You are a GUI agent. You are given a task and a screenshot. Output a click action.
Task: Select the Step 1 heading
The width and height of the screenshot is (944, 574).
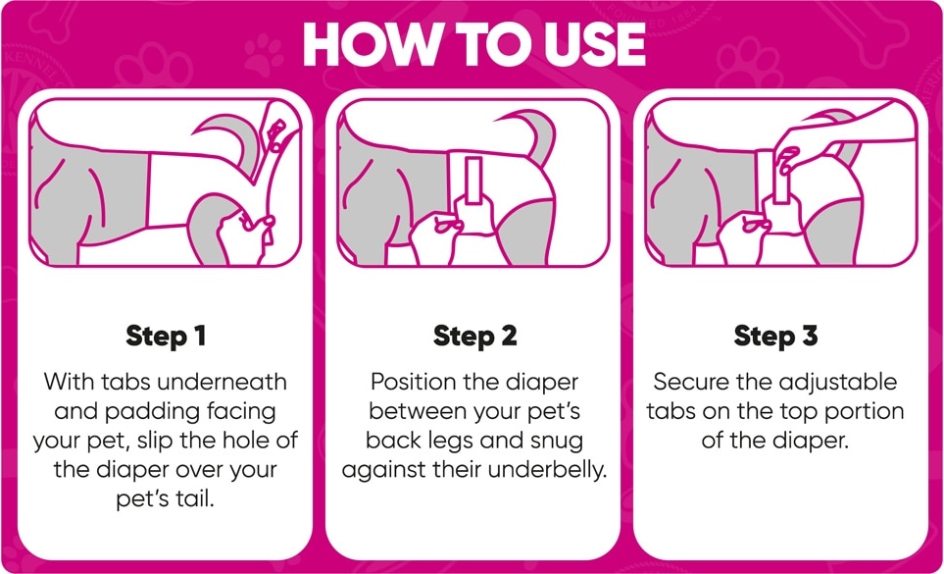(x=167, y=337)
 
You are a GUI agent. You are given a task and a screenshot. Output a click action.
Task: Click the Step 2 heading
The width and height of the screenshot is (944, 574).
(x=475, y=337)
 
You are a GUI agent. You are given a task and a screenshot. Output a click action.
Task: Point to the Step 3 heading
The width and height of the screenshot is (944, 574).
(x=775, y=337)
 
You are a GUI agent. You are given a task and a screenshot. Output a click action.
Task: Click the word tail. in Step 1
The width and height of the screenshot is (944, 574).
(x=196, y=499)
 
